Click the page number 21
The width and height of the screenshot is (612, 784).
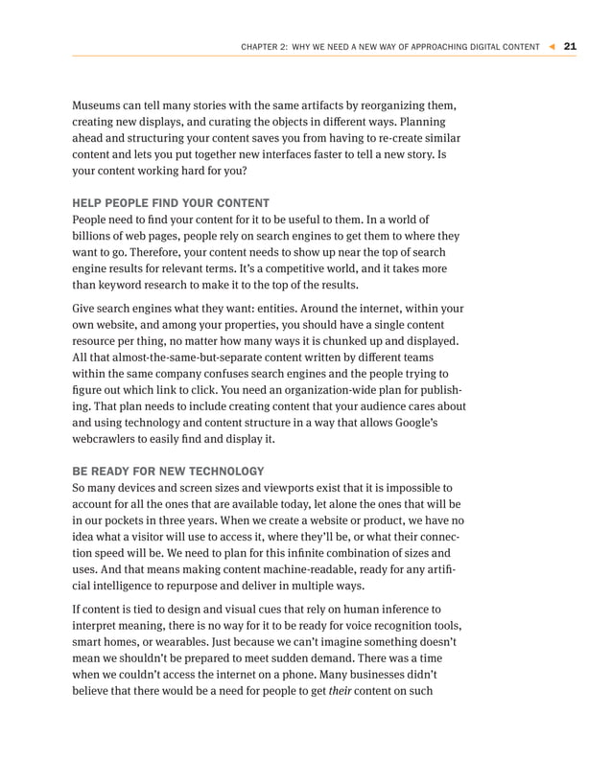click(x=570, y=46)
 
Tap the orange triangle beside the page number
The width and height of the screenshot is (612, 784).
click(x=552, y=46)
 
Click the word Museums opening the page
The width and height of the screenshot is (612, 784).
click(x=101, y=104)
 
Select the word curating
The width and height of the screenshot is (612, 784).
click(x=244, y=123)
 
